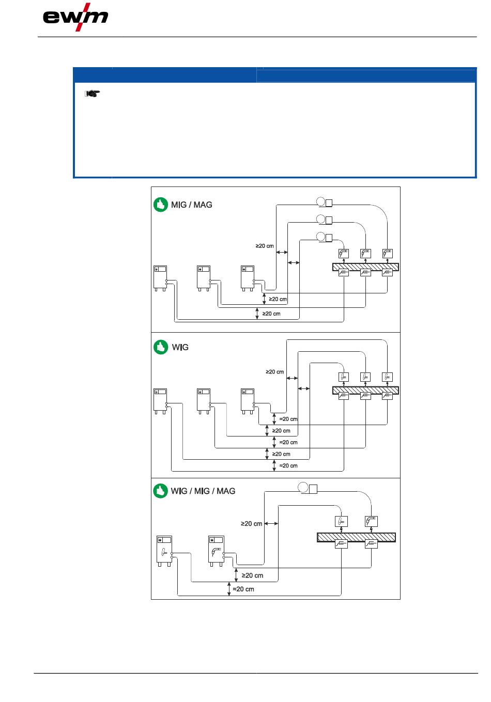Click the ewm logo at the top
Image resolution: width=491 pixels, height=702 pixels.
pos(75,17)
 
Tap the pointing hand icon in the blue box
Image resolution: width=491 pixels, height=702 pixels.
pos(92,93)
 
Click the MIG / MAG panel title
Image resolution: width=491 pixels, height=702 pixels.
pos(192,205)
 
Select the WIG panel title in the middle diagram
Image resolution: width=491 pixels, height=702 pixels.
pos(180,347)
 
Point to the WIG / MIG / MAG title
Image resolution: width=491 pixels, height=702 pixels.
pos(203,491)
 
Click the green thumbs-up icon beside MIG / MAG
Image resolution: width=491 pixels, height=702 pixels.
pos(161,205)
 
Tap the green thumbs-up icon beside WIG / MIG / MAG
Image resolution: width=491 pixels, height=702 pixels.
pos(161,491)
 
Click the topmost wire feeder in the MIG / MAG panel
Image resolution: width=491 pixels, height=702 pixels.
pos(324,202)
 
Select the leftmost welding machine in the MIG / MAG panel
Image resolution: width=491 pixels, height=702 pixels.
pos(160,278)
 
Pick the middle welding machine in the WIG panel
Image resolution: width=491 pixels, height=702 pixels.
pos(204,401)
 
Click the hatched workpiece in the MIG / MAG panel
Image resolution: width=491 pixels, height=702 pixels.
pos(365,267)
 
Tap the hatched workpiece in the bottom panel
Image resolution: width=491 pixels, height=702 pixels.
pos(356,537)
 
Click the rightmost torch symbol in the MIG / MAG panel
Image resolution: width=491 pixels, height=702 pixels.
pos(388,253)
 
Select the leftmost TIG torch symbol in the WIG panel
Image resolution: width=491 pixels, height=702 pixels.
pos(344,377)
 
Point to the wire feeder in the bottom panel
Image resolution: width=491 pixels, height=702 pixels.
pos(308,488)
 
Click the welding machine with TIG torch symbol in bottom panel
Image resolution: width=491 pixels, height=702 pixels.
pos(164,551)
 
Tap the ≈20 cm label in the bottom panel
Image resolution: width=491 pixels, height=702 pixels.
pos(243,589)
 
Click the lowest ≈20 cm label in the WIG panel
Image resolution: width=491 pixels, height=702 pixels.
pos(288,465)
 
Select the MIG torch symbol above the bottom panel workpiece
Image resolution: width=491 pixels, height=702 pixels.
pos(371,521)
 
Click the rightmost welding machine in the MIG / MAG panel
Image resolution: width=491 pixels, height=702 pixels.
pos(248,278)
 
